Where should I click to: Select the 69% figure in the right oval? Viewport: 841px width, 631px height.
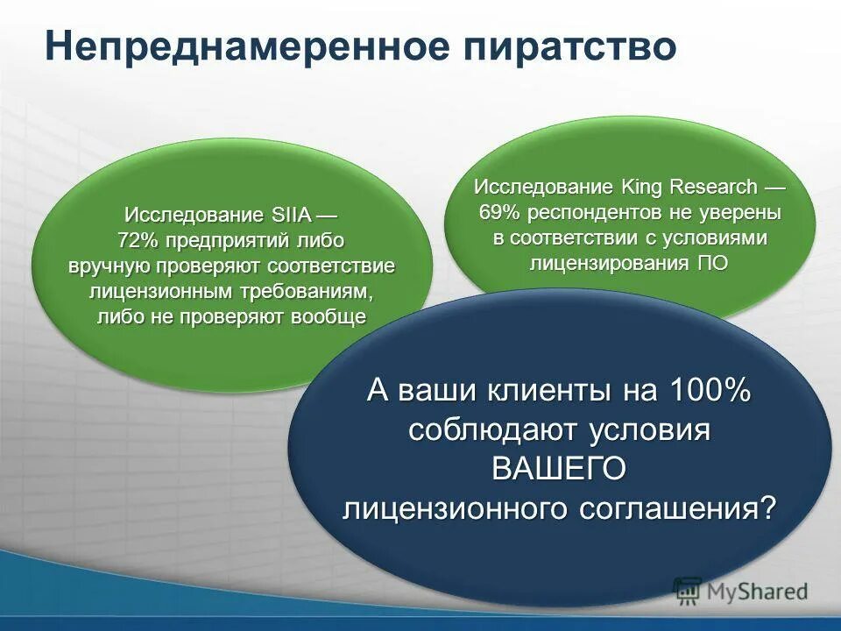click(497, 212)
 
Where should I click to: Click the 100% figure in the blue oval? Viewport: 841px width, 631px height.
click(710, 391)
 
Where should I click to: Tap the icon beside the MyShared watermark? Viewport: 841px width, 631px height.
click(688, 590)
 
